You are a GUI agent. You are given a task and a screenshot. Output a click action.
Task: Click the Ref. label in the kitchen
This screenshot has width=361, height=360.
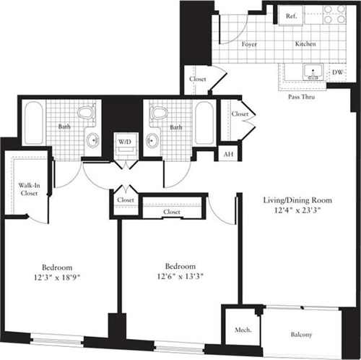tap(292, 16)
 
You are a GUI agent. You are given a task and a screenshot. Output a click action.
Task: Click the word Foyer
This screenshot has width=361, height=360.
tap(250, 44)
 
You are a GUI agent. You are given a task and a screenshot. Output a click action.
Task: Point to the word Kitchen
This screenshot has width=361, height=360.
tap(305, 44)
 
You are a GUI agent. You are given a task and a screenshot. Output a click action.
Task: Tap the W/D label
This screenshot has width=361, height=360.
tap(125, 140)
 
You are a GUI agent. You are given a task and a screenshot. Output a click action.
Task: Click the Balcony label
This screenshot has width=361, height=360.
tap(303, 335)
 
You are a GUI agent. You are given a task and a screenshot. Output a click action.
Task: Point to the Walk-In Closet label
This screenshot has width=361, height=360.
tap(28, 190)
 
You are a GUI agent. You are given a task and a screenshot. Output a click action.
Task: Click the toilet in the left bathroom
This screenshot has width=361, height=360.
tap(87, 113)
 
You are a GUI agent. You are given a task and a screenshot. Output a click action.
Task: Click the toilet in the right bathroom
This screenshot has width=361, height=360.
tap(159, 113)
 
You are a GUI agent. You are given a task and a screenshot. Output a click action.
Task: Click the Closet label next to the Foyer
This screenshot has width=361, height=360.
tap(196, 79)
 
